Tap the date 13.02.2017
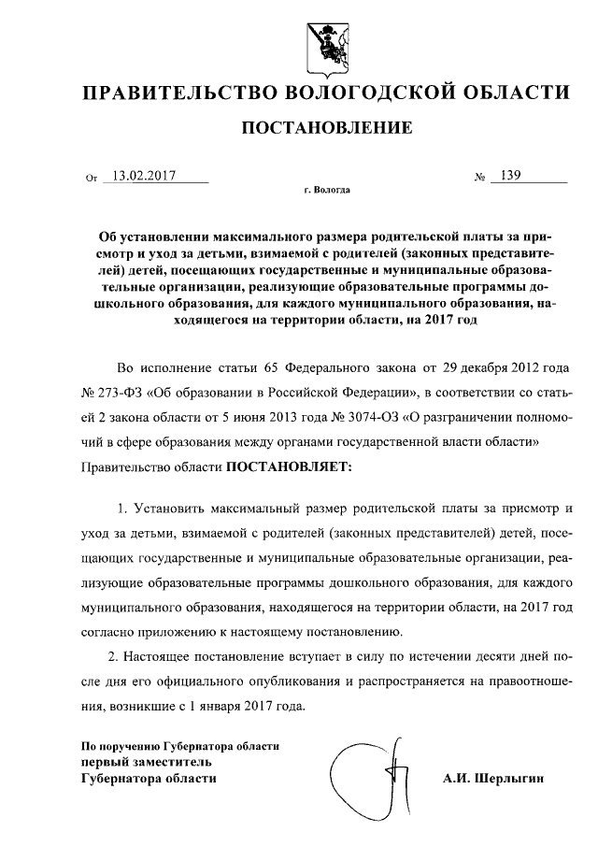pos(143,175)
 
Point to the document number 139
pos(510,175)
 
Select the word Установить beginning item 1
pos(173,509)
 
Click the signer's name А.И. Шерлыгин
pos(492,777)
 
